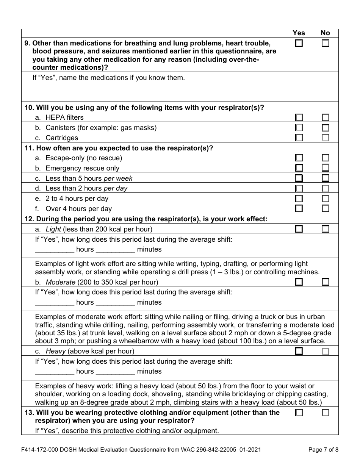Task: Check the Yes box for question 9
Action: [299, 44]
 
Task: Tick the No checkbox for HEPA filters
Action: [325, 117]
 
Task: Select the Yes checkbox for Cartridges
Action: [299, 138]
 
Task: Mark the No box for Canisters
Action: [325, 128]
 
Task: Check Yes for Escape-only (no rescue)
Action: [299, 158]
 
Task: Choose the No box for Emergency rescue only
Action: [325, 168]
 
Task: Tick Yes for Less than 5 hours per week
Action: [299, 178]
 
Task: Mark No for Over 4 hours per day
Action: [325, 208]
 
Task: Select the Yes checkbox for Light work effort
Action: [299, 229]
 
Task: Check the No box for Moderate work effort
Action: [325, 282]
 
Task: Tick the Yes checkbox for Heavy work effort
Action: [299, 351]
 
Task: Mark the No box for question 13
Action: [325, 413]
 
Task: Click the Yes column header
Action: [299, 33]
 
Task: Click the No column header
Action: [325, 33]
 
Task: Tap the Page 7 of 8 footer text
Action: [323, 450]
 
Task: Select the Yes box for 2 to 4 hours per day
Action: [299, 199]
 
